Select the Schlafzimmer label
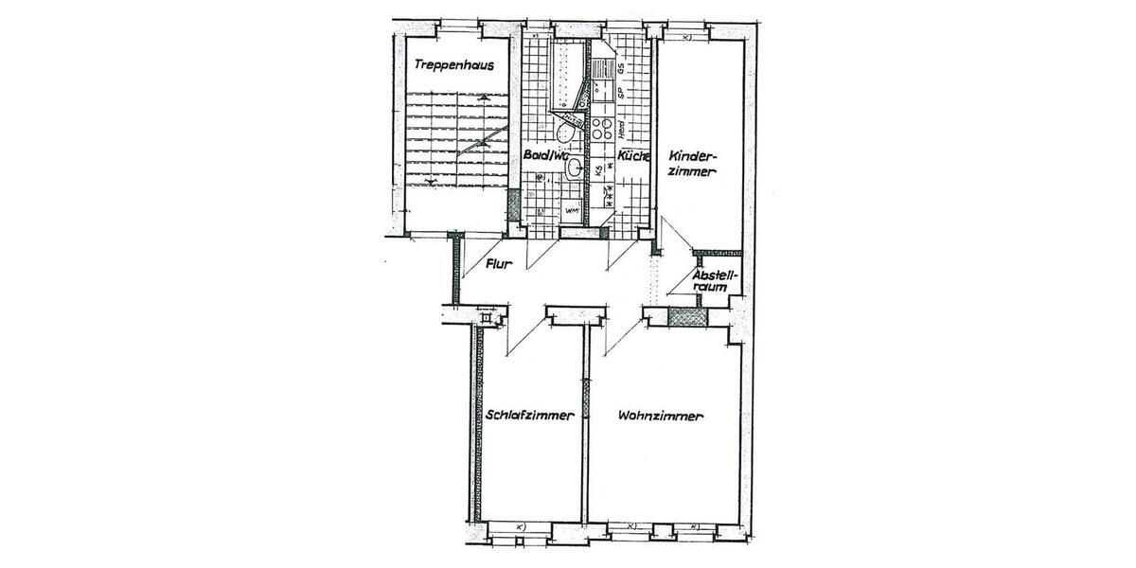[530, 415]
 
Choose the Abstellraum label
[715, 281]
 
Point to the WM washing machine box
[572, 209]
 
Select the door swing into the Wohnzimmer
[620, 337]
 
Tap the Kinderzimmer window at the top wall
[687, 35]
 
